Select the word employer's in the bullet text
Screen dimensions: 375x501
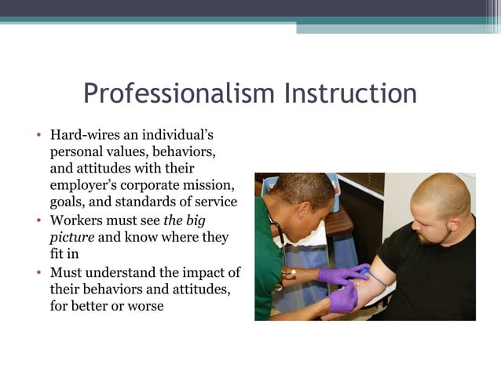(85, 185)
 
